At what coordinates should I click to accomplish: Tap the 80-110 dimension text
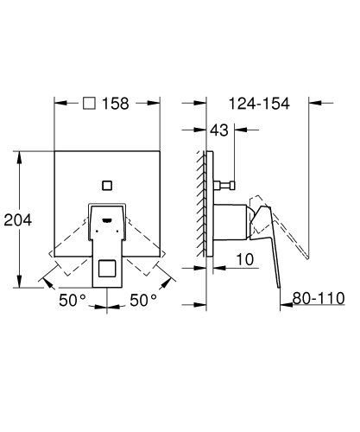coord(318,298)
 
